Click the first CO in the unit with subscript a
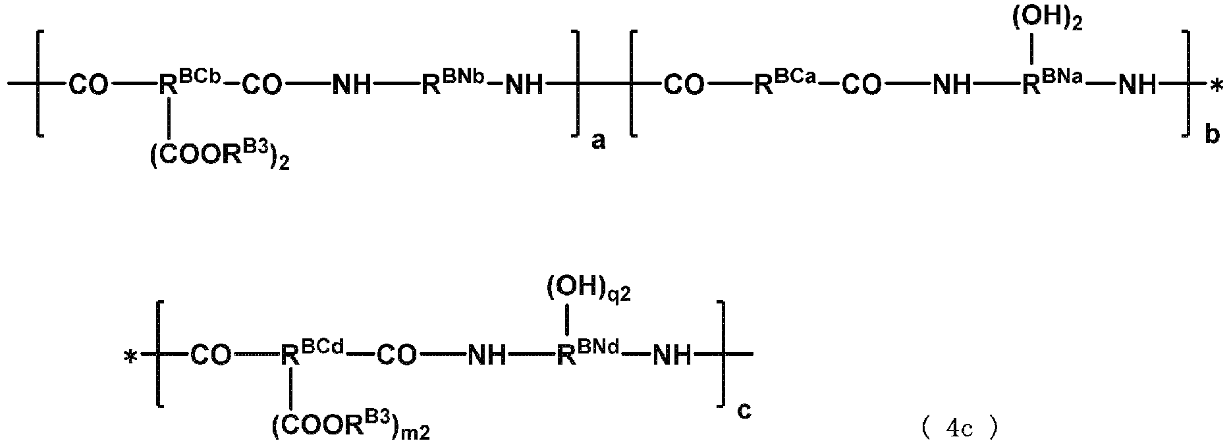pyautogui.click(x=88, y=84)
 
